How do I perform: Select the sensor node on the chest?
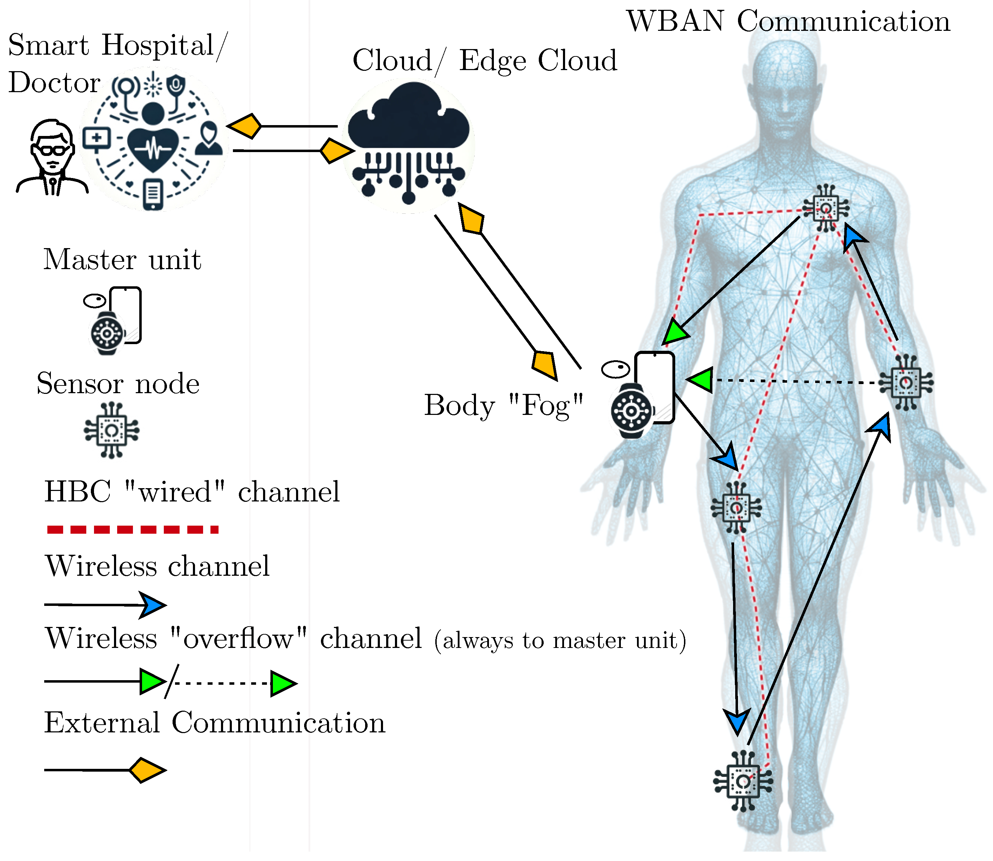pos(826,209)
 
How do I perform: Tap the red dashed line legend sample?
pos(133,530)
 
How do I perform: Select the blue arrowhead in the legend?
pos(153,605)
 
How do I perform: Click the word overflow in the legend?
pos(239,639)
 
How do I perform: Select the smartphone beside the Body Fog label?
pos(655,387)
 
